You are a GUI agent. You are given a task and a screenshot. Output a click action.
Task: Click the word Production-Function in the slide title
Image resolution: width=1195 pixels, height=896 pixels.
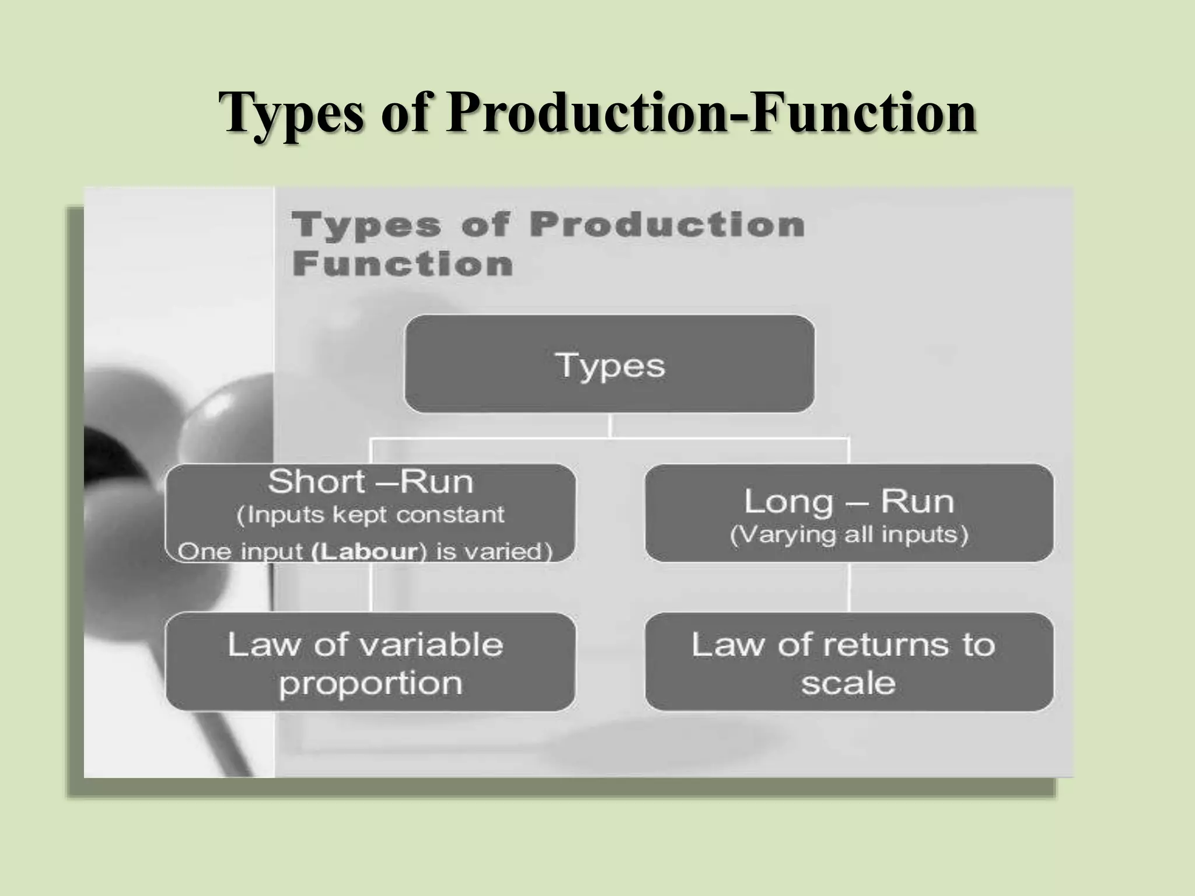click(711, 113)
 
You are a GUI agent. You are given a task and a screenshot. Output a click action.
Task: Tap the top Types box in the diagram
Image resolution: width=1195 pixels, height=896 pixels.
click(609, 364)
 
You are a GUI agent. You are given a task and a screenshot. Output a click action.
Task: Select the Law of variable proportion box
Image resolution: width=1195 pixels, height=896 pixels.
click(370, 662)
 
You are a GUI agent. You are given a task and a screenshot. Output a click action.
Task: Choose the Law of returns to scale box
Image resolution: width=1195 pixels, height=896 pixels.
click(849, 662)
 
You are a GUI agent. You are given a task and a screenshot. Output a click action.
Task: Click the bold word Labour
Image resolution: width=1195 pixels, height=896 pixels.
click(365, 552)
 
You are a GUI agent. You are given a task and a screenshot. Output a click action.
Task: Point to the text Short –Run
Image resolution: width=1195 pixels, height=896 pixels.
click(371, 482)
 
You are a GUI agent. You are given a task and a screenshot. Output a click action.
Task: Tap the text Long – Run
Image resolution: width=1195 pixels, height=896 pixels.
click(849, 501)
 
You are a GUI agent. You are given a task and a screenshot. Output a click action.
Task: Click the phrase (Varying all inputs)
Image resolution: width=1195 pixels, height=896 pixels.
click(849, 535)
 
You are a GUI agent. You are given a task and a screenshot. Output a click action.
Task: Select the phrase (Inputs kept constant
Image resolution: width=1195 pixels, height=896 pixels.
click(371, 515)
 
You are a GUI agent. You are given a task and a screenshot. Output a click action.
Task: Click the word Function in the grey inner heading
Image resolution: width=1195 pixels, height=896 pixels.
click(403, 264)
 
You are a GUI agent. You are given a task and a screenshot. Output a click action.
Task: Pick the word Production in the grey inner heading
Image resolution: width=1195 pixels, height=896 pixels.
click(667, 225)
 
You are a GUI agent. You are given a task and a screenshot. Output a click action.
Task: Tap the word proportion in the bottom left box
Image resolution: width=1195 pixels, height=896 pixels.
click(371, 683)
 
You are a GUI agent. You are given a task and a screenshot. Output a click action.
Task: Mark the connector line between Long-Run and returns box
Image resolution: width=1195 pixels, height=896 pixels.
click(849, 587)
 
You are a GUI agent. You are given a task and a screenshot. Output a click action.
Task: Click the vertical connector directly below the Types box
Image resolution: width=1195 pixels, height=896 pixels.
click(610, 425)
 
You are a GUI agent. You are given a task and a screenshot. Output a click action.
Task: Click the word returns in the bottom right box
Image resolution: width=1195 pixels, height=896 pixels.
click(885, 645)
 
